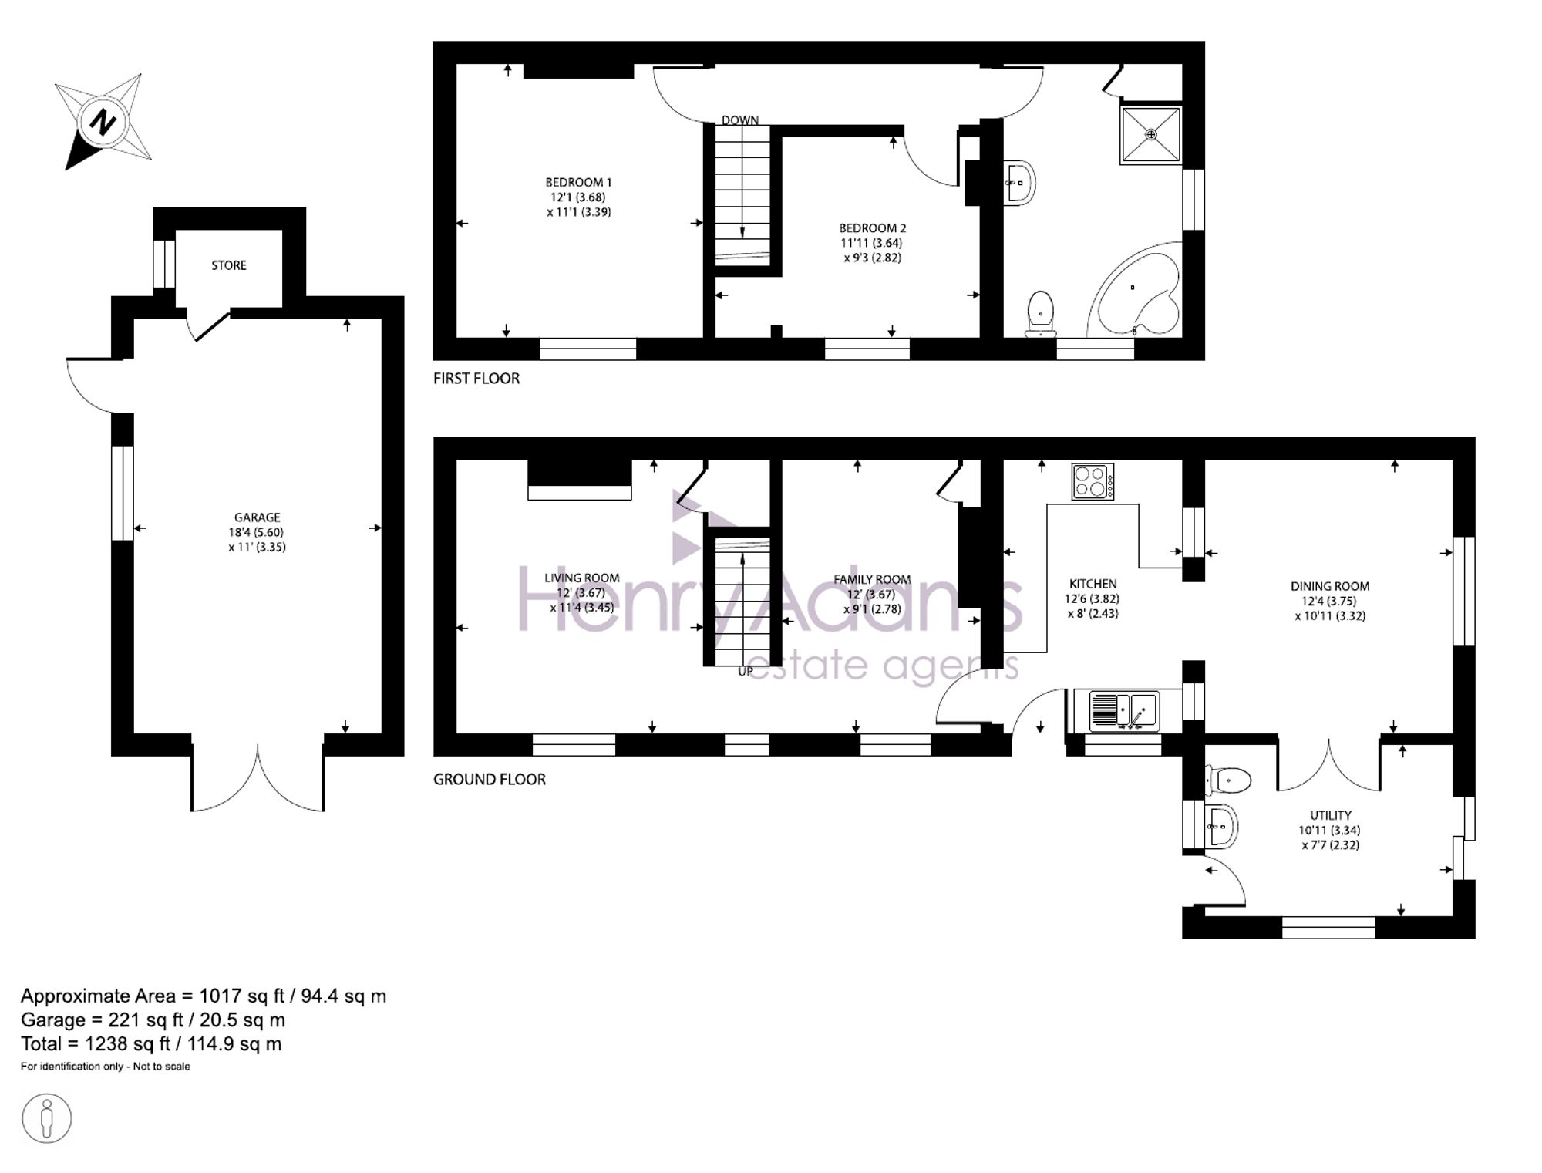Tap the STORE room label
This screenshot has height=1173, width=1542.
point(229,265)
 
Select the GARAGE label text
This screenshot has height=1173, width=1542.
point(258,517)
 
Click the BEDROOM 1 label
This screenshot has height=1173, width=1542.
point(579,183)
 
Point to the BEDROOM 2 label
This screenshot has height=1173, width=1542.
point(873,228)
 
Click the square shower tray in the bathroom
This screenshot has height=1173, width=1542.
point(1151,135)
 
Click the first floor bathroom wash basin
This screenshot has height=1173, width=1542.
point(1019,183)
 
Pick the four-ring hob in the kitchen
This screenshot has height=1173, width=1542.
point(1093,481)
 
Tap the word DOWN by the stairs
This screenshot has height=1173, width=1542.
point(740,120)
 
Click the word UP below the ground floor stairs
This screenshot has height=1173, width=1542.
point(746,672)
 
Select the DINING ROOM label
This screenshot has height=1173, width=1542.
point(1330,586)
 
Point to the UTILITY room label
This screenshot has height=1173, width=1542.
point(1331,815)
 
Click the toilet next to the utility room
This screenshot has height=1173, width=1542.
point(1227,780)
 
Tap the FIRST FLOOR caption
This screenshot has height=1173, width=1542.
point(476,379)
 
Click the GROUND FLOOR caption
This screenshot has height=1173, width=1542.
point(490,780)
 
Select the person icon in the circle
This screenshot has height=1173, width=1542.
point(47,1119)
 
